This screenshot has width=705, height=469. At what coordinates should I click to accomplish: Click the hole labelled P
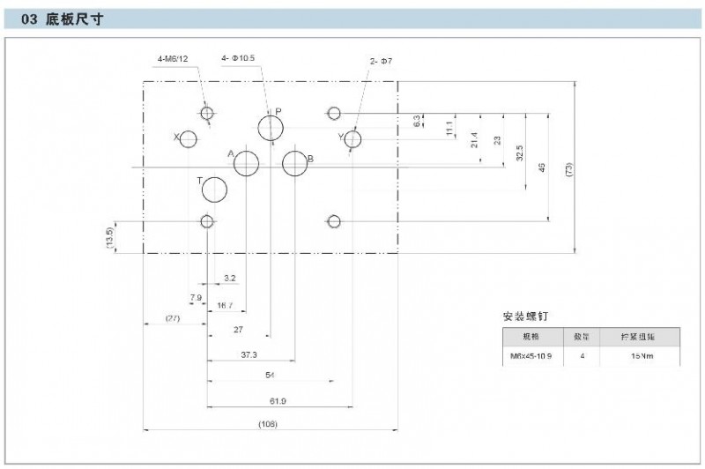point(271,128)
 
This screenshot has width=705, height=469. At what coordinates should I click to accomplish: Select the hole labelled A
point(247,163)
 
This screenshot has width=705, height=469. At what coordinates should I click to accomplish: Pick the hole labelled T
point(215,189)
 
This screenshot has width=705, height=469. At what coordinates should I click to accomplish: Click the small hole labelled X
point(188,138)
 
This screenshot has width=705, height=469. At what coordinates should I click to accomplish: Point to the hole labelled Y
point(352,138)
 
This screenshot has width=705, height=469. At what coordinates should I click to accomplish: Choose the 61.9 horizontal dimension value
point(278,401)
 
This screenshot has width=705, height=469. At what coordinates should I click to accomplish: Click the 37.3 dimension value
point(250,354)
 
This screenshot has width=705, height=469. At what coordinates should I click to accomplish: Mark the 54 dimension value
point(271,376)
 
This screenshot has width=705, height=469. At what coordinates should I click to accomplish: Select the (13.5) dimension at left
point(109,237)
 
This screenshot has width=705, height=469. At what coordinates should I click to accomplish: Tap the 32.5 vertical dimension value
point(520,152)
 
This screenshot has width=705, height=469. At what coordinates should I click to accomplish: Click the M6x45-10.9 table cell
point(529,357)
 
